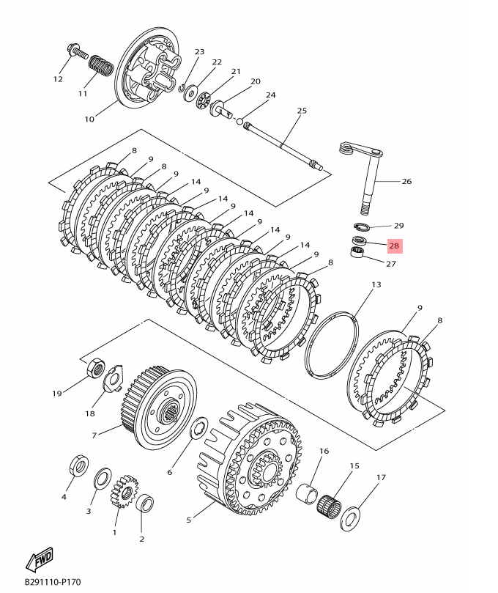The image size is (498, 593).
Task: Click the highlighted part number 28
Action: [394, 246]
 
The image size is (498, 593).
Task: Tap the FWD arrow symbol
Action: [40, 560]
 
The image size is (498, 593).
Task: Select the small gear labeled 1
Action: [124, 493]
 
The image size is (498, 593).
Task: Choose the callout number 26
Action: [406, 181]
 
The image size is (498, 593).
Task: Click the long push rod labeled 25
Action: [286, 146]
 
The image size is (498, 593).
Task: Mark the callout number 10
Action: [89, 119]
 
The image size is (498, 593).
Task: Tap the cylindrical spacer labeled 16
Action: [308, 491]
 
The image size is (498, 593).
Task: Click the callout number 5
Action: [188, 520]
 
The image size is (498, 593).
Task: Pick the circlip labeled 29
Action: [363, 226]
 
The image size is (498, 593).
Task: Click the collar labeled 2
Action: [145, 504]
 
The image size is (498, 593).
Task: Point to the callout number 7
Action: [94, 435]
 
